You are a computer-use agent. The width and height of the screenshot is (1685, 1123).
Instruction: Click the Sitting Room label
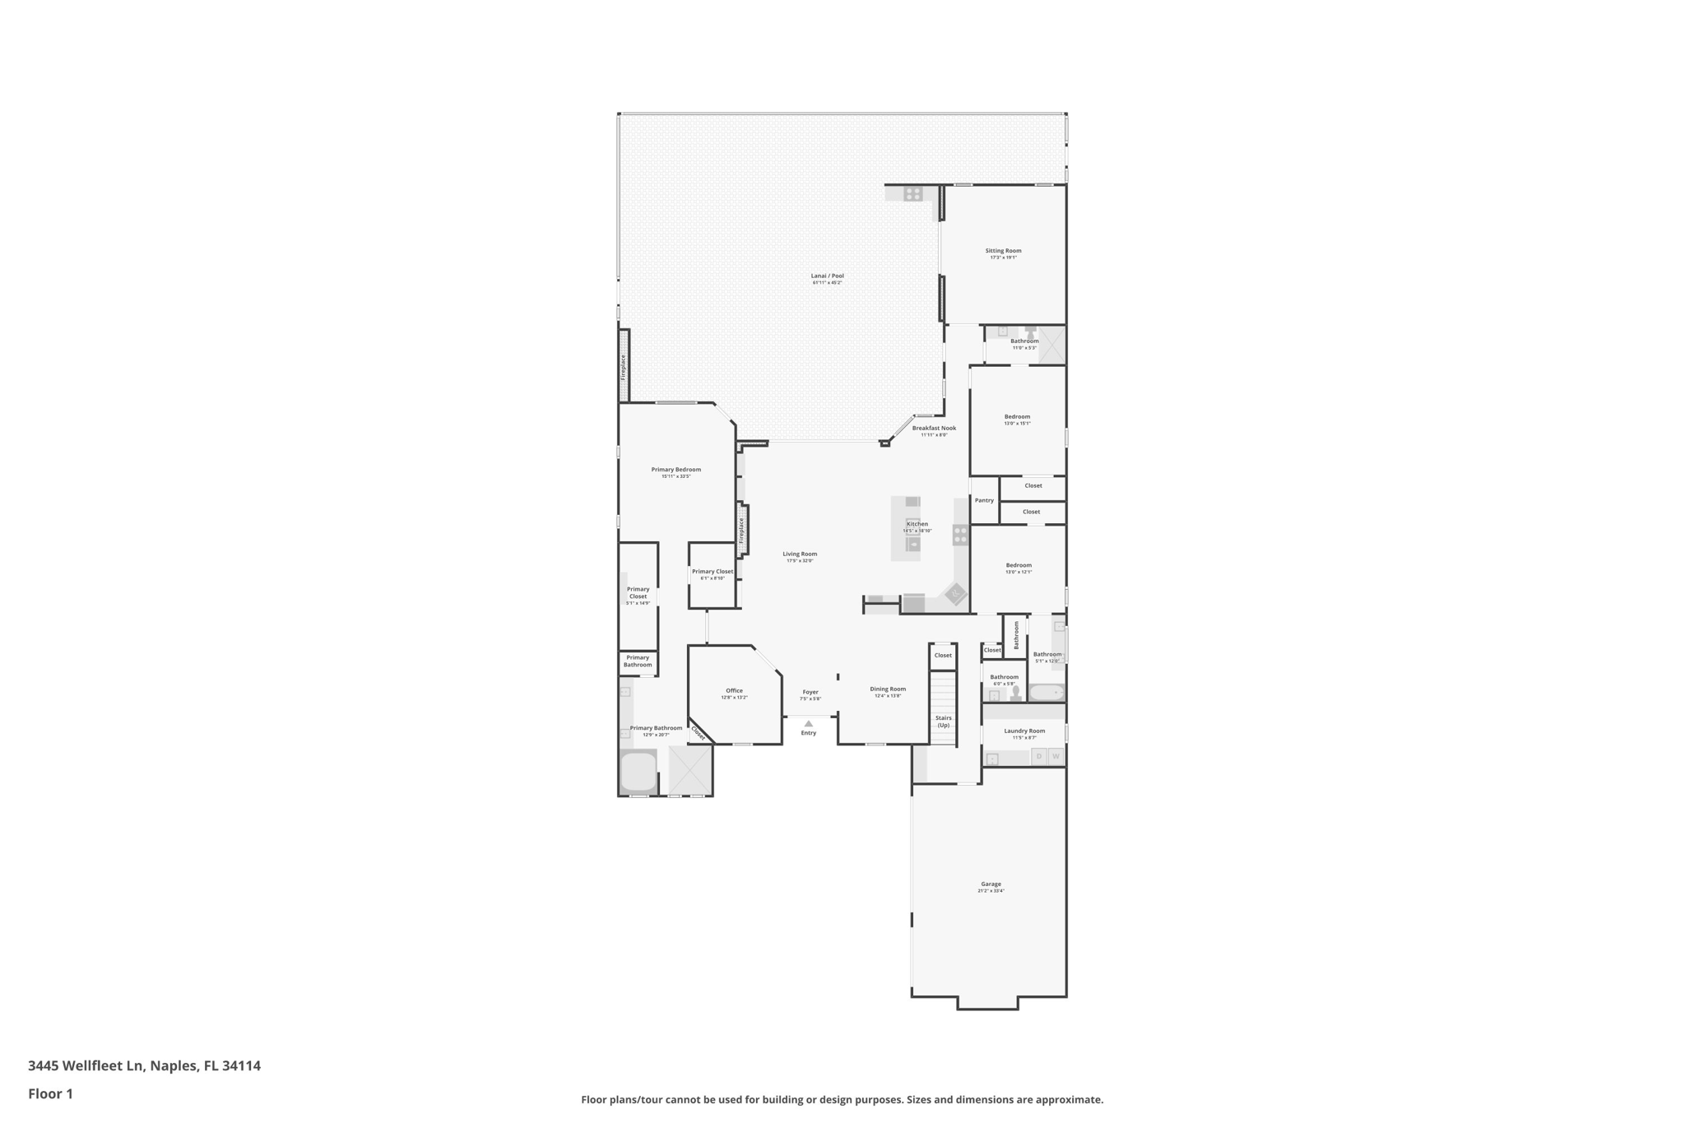pos(1003,251)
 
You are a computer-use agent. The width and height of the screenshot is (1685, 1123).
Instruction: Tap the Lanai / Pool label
pos(827,276)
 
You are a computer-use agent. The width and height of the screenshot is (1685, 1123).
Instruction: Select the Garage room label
pos(991,884)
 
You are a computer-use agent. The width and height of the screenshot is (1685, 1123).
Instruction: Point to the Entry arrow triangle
pos(809,724)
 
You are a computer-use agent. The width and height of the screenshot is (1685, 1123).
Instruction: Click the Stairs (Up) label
pos(943,722)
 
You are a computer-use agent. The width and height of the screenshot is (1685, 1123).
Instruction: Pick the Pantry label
pos(984,500)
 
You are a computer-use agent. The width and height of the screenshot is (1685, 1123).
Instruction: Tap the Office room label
pos(734,691)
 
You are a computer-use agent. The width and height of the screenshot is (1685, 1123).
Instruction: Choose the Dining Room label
pos(888,689)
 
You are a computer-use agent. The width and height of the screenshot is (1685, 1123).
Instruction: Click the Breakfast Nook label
pos(934,429)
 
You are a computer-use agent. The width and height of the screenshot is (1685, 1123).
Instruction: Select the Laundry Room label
pos(1024,731)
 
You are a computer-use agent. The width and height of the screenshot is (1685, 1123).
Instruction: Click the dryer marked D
pos(1039,756)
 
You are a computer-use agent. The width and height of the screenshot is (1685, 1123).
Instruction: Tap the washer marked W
pos(1056,756)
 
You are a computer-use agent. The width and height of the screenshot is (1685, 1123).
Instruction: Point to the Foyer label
pos(810,692)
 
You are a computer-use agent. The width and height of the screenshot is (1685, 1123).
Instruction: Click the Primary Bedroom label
pos(676,470)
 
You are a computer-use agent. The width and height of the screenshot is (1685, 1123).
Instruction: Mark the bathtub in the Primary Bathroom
pos(638,772)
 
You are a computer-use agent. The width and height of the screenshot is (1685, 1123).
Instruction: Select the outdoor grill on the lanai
pos(912,194)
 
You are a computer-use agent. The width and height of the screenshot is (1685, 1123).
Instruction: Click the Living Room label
pos(800,555)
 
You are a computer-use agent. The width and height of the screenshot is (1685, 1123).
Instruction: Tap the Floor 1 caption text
pos(50,1094)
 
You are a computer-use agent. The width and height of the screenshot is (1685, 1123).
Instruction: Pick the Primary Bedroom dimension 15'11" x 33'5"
pos(676,476)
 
